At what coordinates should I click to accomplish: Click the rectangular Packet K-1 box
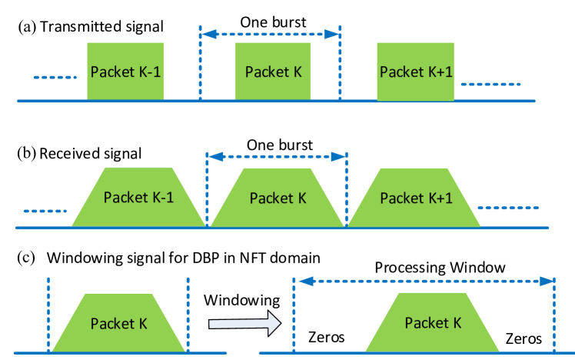pos(125,72)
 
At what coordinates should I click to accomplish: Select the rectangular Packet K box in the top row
pos(273,72)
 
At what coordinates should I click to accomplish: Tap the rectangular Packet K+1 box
pos(416,72)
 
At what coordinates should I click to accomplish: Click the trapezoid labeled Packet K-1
pos(138,197)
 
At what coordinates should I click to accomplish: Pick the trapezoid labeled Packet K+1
pos(416,197)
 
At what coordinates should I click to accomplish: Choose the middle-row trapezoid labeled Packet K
pos(278,198)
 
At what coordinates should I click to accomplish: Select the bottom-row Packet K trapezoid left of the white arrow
pos(118,323)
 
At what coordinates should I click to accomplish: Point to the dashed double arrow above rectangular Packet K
pos(270,34)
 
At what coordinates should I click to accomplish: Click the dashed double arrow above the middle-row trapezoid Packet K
pos(278,156)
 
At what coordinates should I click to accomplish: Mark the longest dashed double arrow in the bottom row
pos(425,281)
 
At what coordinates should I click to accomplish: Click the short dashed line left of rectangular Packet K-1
pos(55,78)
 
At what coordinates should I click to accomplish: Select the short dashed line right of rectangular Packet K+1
pos(490,83)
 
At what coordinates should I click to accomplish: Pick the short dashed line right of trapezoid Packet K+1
pos(509,208)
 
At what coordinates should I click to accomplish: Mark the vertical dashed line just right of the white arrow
pos(294,315)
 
